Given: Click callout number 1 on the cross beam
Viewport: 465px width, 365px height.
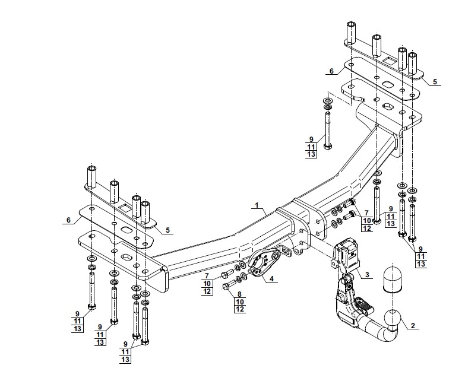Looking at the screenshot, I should point(257,205).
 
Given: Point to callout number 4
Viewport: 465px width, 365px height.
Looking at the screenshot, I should point(271,279).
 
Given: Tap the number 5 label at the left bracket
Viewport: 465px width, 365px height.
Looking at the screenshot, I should point(168,230).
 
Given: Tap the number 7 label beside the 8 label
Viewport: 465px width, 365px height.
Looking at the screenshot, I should point(207,276).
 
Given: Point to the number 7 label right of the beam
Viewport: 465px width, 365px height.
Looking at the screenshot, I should point(366,212).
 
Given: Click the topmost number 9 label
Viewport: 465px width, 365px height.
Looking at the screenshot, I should point(311,139).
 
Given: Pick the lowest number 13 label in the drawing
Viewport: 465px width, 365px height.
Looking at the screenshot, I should point(125,359).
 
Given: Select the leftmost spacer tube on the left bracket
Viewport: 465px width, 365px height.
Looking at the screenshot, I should point(93,176).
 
